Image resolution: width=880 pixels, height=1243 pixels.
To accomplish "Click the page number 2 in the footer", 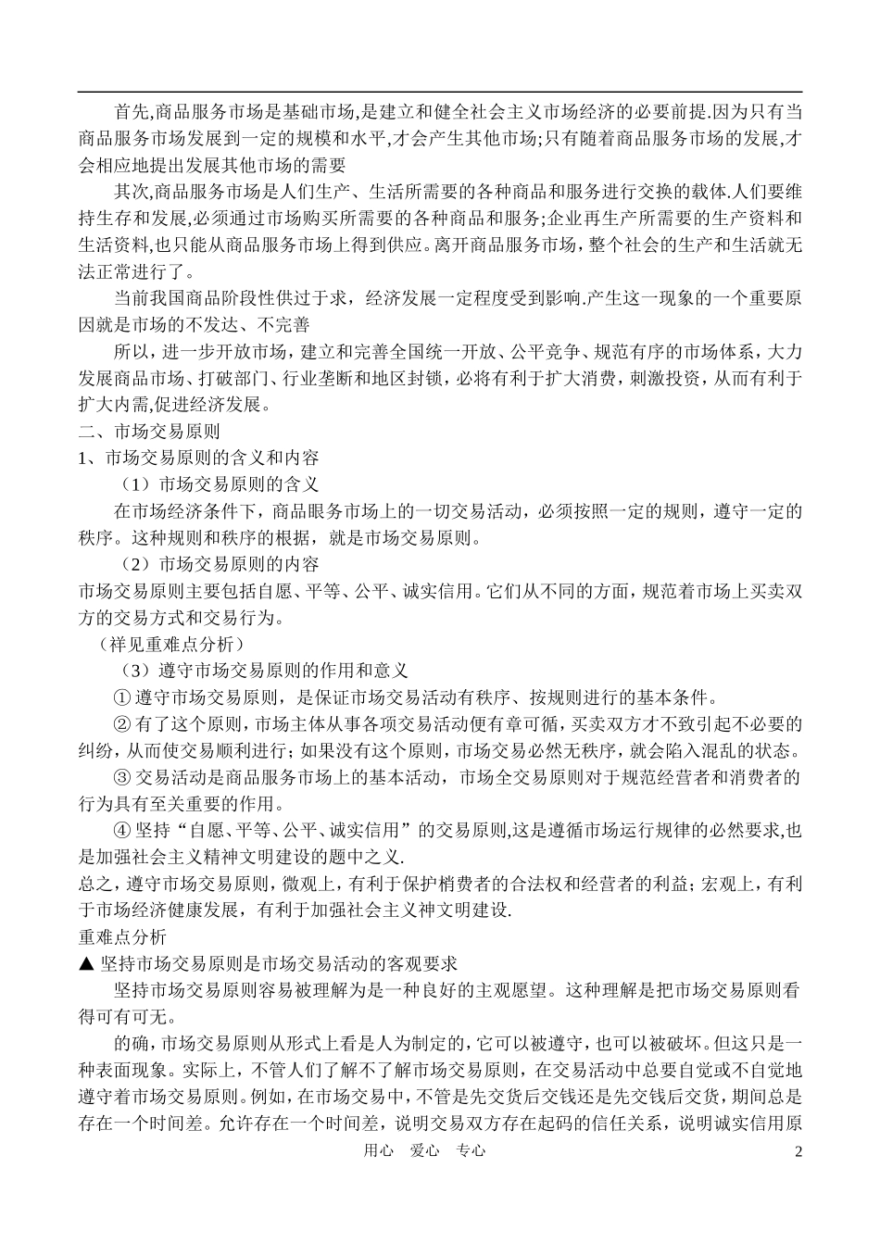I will pyautogui.click(x=798, y=1151).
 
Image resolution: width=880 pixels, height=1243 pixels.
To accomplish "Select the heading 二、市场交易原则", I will pyautogui.click(x=149, y=431).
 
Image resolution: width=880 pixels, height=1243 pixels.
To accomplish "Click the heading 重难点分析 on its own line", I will pyautogui.click(x=122, y=936).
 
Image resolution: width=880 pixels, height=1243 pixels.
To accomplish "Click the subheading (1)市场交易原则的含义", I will pyautogui.click(x=220, y=483).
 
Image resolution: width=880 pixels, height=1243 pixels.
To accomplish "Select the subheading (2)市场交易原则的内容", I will pyautogui.click(x=220, y=564).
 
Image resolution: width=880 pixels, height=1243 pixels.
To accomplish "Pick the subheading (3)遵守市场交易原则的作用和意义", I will pyautogui.click(x=264, y=669).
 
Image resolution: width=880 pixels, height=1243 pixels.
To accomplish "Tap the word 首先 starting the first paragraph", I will pyautogui.click(x=130, y=113).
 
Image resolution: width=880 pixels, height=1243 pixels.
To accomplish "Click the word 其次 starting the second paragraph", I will pyautogui.click(x=130, y=193).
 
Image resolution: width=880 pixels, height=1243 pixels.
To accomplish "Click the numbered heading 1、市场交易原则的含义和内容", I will pyautogui.click(x=198, y=458).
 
